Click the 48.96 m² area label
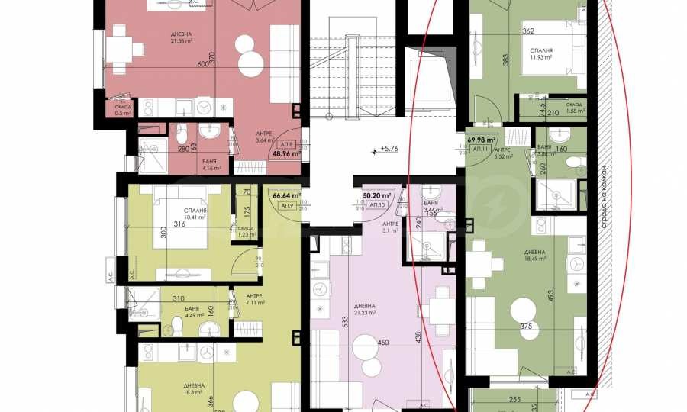tap(287, 153)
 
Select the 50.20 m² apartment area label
tap(376, 195)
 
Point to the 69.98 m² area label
tap(482, 140)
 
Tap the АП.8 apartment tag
tap(287, 143)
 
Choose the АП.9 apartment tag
tap(287, 205)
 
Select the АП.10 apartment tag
tap(376, 205)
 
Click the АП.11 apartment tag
tap(481, 150)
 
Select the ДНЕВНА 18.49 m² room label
tap(534, 255)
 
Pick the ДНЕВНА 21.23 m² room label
tap(366, 310)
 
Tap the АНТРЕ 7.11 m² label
tap(255, 300)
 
